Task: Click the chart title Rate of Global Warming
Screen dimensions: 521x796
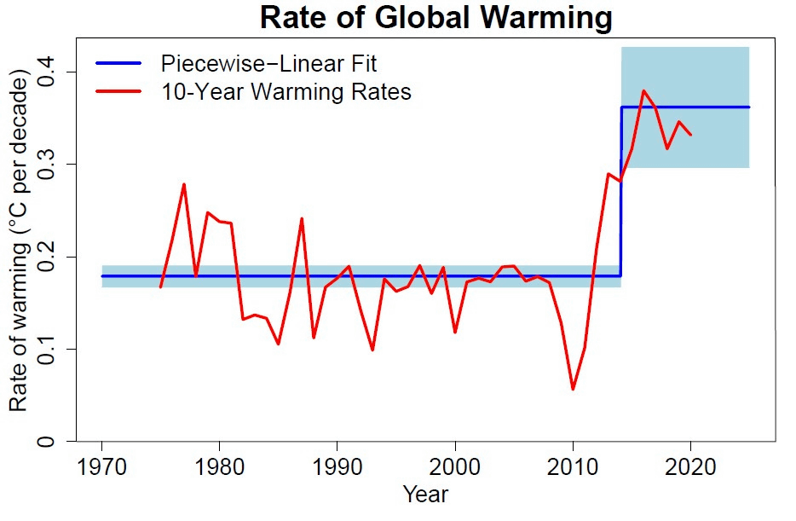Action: click(436, 18)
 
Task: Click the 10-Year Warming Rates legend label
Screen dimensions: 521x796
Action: click(286, 91)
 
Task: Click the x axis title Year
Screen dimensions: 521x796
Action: click(425, 495)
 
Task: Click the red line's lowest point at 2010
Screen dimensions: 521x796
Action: click(573, 389)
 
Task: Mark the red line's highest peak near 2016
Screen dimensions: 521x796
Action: click(643, 90)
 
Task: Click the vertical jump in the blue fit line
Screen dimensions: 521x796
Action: click(620, 192)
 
